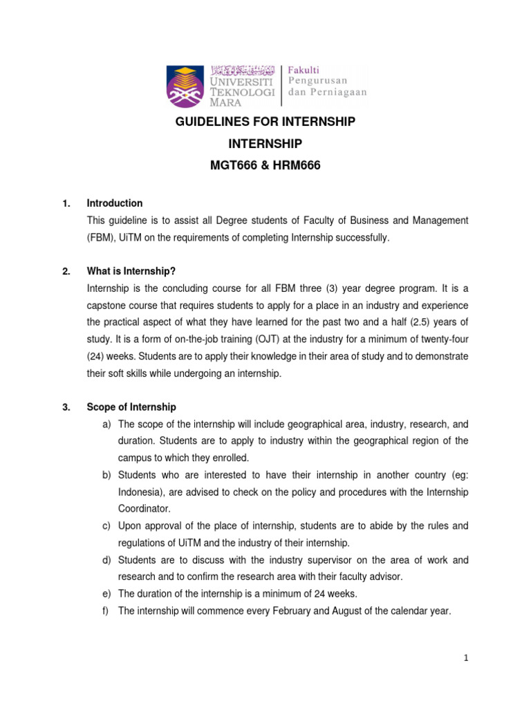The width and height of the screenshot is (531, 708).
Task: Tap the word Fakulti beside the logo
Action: (307, 68)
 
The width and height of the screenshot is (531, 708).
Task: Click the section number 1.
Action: (66, 203)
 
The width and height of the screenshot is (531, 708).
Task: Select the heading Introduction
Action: (115, 203)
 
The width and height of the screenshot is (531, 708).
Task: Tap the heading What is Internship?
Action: (131, 271)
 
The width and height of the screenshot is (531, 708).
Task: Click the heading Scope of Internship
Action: (131, 407)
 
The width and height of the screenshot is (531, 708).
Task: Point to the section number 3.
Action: (66, 407)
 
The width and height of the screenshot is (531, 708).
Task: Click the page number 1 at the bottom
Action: (467, 658)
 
